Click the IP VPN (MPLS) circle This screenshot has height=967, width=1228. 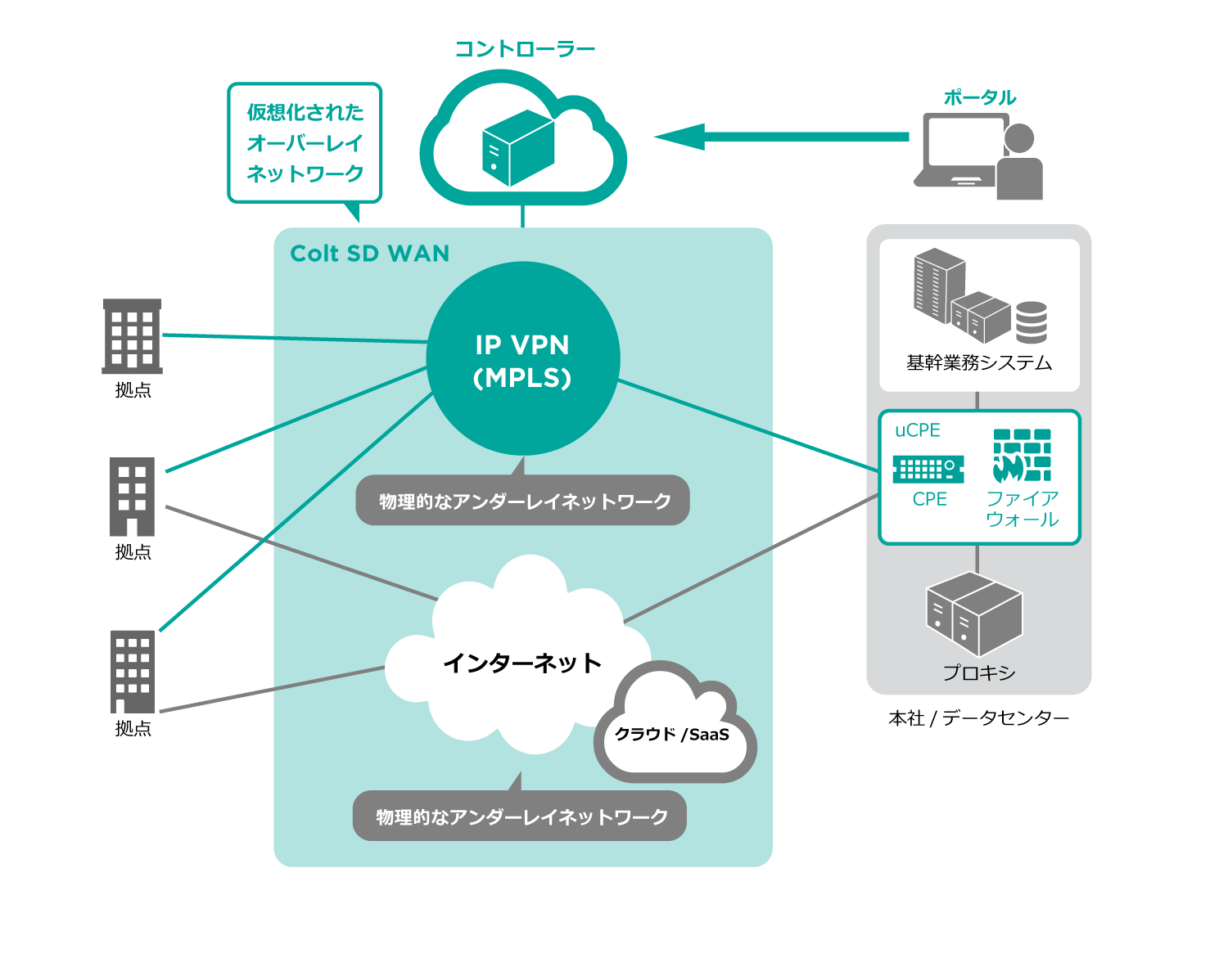pos(522,360)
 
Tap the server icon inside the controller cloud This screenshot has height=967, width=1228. pos(518,148)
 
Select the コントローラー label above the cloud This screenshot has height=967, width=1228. pos(525,49)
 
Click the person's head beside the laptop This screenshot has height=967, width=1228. pos(1019,138)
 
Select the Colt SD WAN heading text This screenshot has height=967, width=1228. pos(370,254)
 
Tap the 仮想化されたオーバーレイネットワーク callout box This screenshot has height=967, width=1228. pos(305,143)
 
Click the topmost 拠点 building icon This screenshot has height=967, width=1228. pos(132,335)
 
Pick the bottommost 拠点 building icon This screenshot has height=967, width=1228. pos(133,671)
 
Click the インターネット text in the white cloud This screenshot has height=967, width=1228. pos(522,663)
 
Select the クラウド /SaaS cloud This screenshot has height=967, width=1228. pos(674,732)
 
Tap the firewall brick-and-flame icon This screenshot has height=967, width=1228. pos(1022,456)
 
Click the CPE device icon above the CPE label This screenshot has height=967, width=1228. pos(928,469)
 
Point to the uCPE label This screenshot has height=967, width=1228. pos(917,430)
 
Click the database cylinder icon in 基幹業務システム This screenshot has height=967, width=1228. pos(1032,322)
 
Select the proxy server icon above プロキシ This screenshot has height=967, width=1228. pos(974,614)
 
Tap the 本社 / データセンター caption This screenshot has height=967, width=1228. pos(978,718)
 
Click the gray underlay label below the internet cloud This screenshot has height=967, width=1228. pos(520,816)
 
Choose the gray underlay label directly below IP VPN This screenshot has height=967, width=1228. pos(523,501)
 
